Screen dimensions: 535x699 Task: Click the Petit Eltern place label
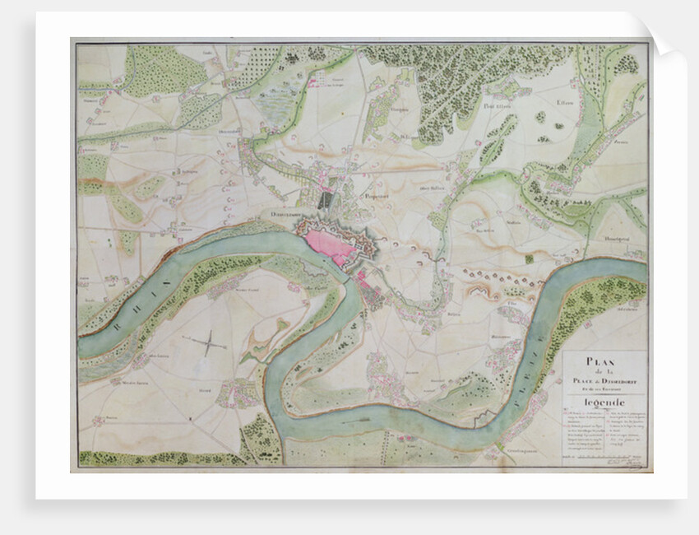498,105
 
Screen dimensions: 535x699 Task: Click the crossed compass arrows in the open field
208,343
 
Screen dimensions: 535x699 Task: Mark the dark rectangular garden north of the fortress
326,198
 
